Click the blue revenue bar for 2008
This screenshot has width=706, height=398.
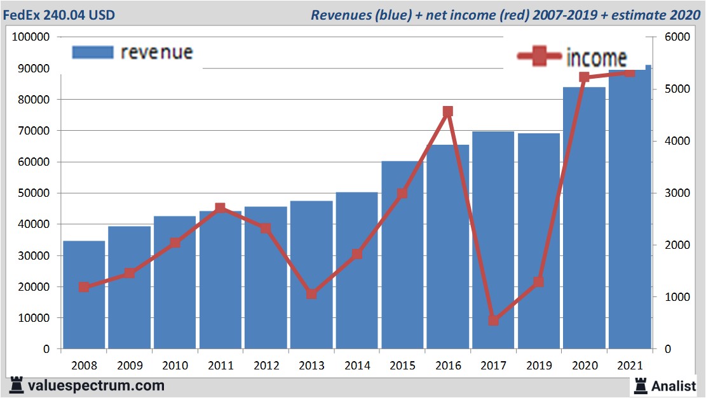(x=84, y=295)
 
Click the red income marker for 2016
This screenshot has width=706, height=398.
(x=447, y=112)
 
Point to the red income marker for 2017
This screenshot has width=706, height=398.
(x=493, y=321)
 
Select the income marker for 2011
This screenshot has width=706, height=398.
(x=220, y=208)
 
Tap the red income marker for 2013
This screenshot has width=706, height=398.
(x=311, y=294)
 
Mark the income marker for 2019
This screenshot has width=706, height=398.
(x=539, y=282)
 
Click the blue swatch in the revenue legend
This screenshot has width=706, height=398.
(x=92, y=52)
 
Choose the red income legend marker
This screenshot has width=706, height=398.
(x=540, y=58)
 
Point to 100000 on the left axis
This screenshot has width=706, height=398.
(x=31, y=37)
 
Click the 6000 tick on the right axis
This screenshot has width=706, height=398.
(x=677, y=37)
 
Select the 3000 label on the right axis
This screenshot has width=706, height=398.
(x=677, y=194)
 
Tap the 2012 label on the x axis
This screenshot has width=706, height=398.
(x=266, y=366)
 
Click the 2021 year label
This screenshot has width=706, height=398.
(x=630, y=366)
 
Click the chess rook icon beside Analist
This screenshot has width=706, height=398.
(x=641, y=385)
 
